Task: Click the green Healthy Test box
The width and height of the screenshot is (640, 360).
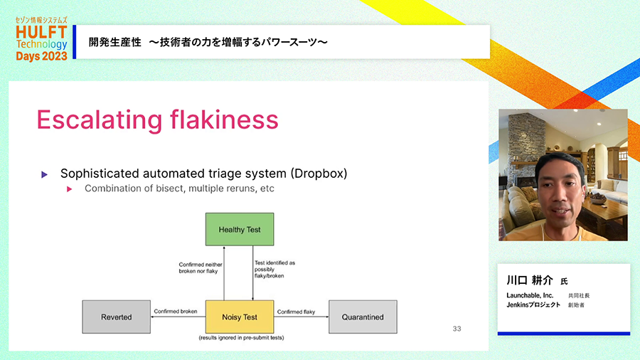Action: click(240, 230)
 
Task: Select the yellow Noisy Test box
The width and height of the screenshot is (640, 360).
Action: click(240, 317)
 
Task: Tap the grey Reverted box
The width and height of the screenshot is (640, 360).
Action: click(116, 317)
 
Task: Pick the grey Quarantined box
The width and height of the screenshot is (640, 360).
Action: click(363, 317)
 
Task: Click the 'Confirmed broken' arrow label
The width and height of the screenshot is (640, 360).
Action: click(176, 312)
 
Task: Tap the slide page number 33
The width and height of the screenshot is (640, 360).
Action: click(457, 329)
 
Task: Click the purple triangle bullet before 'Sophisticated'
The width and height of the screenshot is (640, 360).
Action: click(45, 174)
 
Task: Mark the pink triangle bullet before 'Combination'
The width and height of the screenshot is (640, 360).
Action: click(70, 189)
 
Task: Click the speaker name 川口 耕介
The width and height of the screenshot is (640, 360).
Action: click(530, 280)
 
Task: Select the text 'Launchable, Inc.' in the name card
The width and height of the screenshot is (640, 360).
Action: click(530, 295)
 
